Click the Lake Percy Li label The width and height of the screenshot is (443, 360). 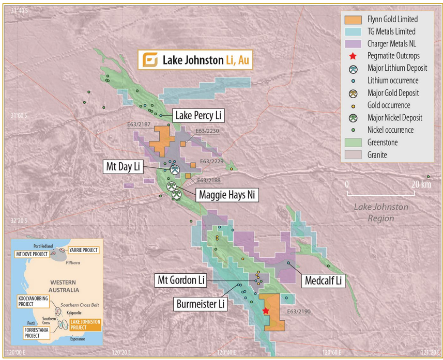coord(199,116)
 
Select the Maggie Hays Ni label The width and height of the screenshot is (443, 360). coord(226,195)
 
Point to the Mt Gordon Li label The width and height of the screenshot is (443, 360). coord(181,280)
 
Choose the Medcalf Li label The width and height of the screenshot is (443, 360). coord(323,280)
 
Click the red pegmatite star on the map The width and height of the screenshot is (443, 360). coord(266,311)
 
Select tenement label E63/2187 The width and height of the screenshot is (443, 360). coord(138,124)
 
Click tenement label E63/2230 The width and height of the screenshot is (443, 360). coord(207,131)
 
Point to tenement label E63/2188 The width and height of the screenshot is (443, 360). coord(209,180)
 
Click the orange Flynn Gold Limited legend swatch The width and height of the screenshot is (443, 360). coord(353,20)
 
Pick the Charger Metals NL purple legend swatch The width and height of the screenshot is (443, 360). coord(353,44)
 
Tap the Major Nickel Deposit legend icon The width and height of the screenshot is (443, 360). coord(353,118)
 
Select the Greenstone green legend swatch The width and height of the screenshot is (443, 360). coord(353,142)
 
